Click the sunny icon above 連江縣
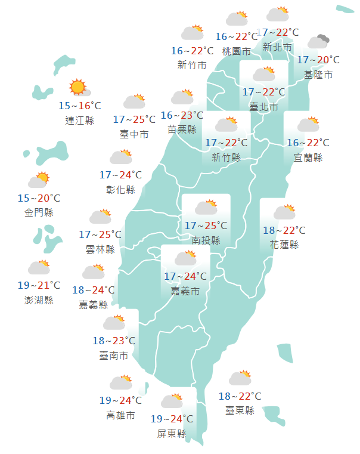[x=79, y=88]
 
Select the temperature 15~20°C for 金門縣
[x=39, y=198]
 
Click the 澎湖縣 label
[x=39, y=299]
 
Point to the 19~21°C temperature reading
[x=39, y=285]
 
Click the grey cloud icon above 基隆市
[x=318, y=42]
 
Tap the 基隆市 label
[x=318, y=75]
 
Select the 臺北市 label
[x=263, y=107]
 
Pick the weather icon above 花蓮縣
[x=284, y=212]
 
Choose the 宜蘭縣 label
[x=308, y=157]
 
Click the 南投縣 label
[x=206, y=240]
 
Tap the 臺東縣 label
[x=240, y=410]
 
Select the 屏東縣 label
[x=172, y=433]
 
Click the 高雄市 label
[x=120, y=415]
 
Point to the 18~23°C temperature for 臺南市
[x=114, y=341]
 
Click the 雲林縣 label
[x=100, y=249]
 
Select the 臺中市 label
[x=134, y=134]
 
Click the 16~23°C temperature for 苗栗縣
[x=182, y=115]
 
